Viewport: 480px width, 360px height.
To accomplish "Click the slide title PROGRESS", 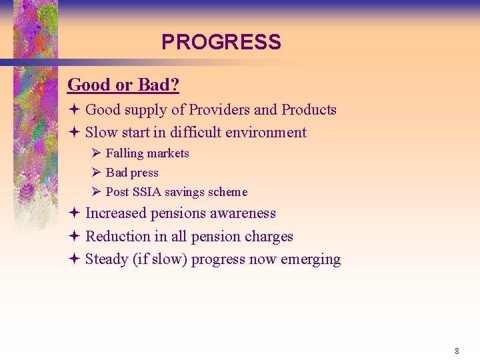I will pos(221,43).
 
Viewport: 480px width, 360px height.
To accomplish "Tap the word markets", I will pos(168,153).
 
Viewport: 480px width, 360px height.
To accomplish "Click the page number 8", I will pos(457,351).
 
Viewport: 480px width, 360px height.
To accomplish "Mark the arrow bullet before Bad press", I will pos(96,173).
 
